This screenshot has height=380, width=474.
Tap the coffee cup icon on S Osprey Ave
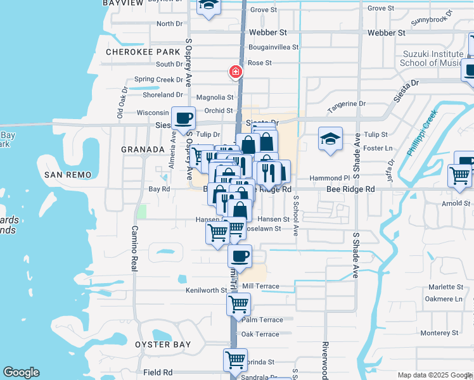(x=183, y=118)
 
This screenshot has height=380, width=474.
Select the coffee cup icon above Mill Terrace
(x=240, y=256)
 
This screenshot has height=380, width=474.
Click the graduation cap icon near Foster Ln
(x=330, y=139)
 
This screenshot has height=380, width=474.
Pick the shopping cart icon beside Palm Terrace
(x=238, y=304)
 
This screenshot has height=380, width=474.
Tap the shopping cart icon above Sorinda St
(x=235, y=360)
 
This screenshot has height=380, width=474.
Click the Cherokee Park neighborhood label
(x=134, y=51)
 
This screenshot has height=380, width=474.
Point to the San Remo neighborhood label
(x=68, y=174)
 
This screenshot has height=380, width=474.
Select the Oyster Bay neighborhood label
(x=163, y=345)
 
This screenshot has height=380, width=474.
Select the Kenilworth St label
(x=207, y=291)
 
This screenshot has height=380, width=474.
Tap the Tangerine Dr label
(x=347, y=103)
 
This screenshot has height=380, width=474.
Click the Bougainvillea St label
(x=278, y=47)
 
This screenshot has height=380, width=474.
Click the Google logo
(x=22, y=372)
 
